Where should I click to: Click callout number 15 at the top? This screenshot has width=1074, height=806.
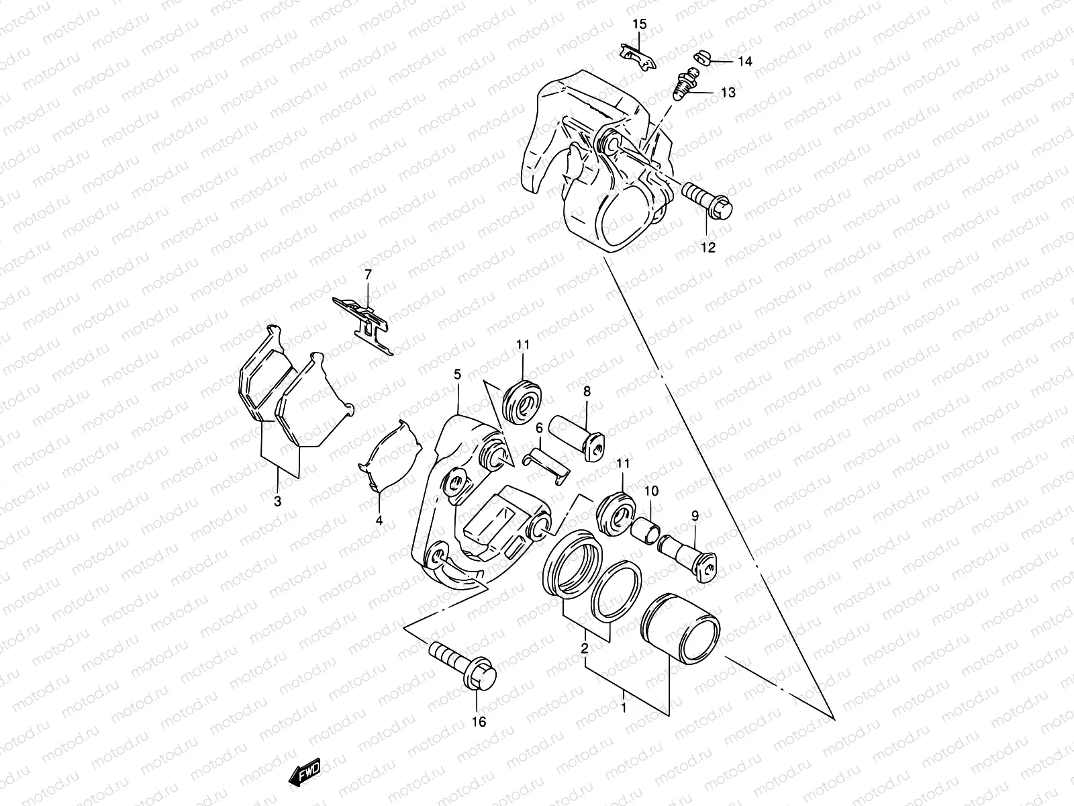click(x=639, y=25)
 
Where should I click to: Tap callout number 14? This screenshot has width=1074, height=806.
click(x=745, y=62)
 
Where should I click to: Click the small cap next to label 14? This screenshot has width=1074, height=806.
click(x=698, y=59)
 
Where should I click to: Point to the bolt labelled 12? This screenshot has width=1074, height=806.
click(x=710, y=200)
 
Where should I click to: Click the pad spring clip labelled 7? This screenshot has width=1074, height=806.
click(x=367, y=322)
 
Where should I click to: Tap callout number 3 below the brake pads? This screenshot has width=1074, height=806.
click(x=277, y=501)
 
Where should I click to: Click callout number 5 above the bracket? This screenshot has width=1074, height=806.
click(x=457, y=374)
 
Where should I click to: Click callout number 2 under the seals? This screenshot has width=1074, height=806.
click(x=584, y=648)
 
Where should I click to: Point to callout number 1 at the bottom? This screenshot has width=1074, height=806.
click(x=624, y=707)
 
